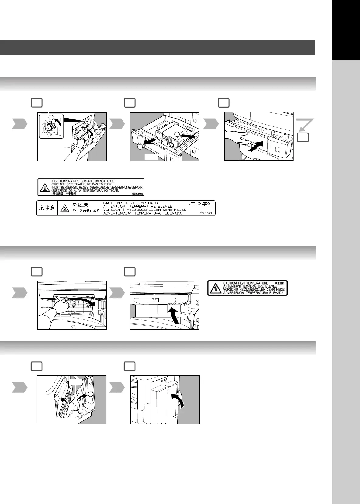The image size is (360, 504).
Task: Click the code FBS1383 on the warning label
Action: pyautogui.click(x=206, y=213)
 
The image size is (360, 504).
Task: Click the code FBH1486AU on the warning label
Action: pyautogui.click(x=137, y=194)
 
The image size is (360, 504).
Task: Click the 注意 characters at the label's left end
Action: pyautogui.click(x=50, y=208)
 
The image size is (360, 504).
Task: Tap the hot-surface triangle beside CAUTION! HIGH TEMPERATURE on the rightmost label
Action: pyautogui.click(x=215, y=288)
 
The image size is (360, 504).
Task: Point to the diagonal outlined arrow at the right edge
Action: pyautogui.click(x=305, y=124)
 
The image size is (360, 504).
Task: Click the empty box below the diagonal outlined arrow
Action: pyautogui.click(x=303, y=137)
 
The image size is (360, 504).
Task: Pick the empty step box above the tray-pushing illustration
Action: pyautogui.click(x=223, y=103)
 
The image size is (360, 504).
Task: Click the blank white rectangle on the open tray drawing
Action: pyautogui.click(x=151, y=157)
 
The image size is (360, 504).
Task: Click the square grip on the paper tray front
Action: pyautogui.click(x=278, y=150)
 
